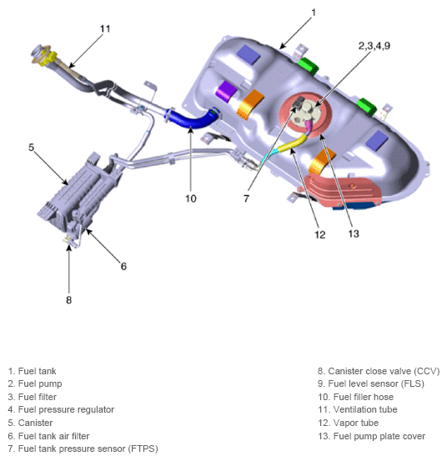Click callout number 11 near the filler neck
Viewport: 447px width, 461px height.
[104, 28]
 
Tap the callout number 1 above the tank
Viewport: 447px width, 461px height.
[314, 13]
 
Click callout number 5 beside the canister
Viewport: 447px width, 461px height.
[31, 148]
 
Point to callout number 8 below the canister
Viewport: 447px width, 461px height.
[69, 299]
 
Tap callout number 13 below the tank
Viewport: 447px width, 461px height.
[354, 233]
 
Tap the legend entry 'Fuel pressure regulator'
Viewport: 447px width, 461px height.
[60, 409]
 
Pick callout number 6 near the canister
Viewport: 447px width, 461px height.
[123, 266]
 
